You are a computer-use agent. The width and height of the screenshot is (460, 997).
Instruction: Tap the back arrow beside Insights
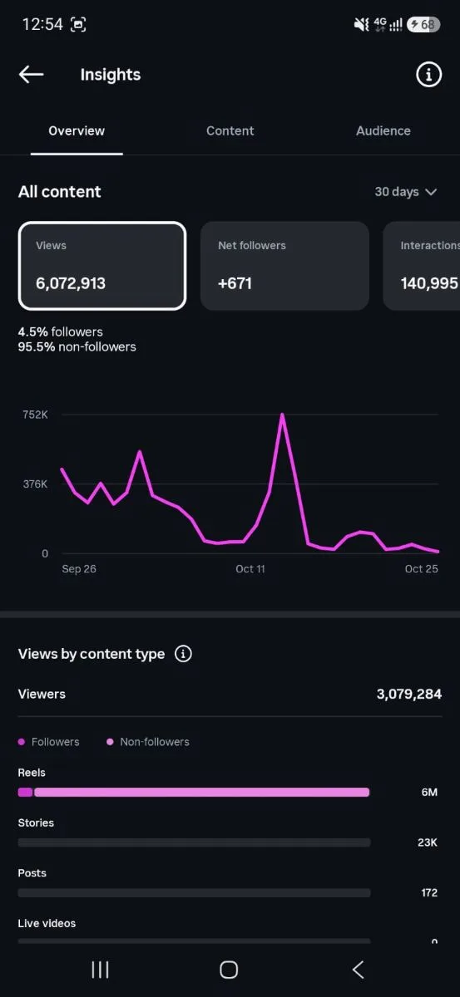coord(32,74)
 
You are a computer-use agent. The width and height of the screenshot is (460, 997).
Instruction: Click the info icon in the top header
coord(428,74)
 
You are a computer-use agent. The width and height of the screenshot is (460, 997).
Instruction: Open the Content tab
coord(230,131)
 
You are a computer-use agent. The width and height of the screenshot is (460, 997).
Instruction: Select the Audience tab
coord(383,131)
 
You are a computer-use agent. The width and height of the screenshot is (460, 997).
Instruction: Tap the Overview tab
coord(77,131)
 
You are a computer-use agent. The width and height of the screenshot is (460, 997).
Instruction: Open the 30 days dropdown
coord(406,192)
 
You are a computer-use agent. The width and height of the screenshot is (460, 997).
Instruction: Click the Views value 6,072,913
coord(71,283)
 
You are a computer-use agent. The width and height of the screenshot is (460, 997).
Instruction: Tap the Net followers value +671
coord(235,283)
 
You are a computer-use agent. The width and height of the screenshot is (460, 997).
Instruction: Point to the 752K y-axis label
coord(35,415)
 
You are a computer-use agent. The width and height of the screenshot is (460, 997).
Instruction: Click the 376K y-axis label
coord(35,484)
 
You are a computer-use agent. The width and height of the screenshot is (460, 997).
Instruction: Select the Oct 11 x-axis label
coord(250,569)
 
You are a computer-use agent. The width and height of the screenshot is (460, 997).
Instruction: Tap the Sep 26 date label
coord(79,569)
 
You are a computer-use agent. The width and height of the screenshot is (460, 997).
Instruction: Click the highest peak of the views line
coord(282,415)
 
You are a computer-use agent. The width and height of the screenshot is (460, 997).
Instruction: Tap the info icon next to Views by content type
coord(183,654)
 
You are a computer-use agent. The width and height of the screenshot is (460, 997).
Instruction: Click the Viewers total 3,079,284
coord(409,694)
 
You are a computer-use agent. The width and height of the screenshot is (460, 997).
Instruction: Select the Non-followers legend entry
coord(148,742)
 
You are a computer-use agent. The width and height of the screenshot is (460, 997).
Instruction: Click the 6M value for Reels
coord(429,793)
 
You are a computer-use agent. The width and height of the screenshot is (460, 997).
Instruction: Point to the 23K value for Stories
coord(428,842)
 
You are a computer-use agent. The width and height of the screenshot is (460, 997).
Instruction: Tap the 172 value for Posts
coord(429,893)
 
